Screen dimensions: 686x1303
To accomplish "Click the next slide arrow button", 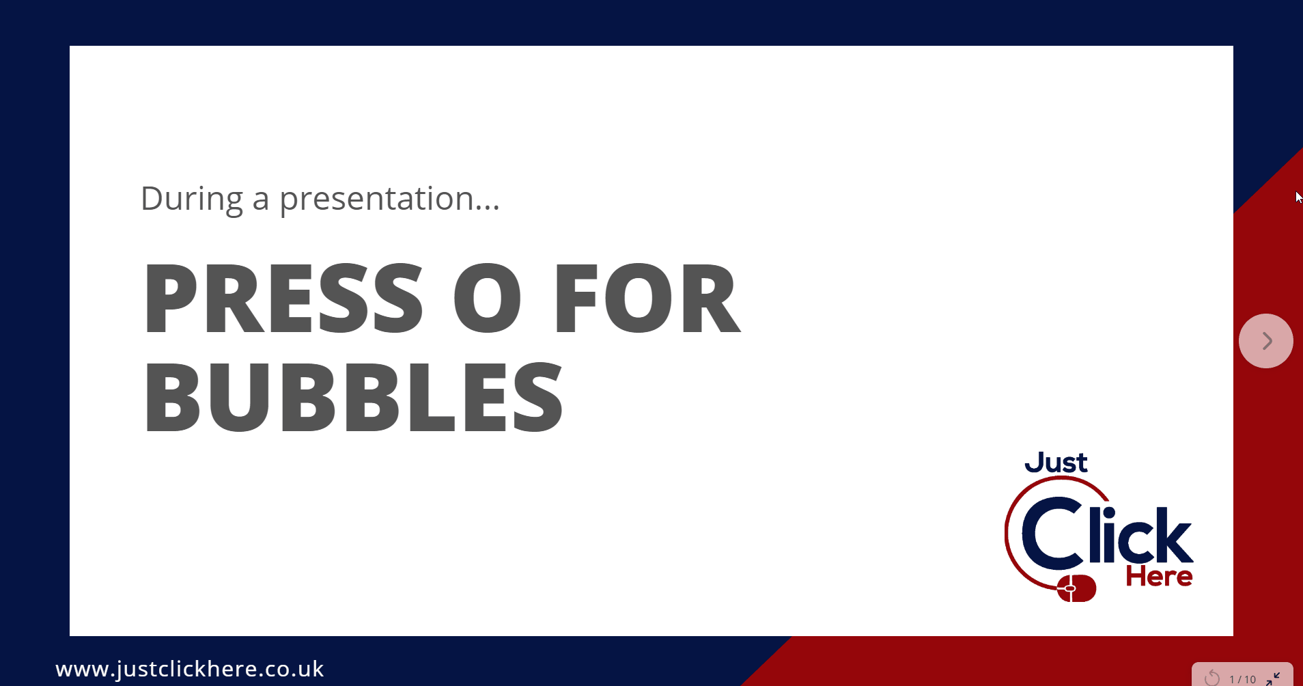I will click(x=1265, y=341).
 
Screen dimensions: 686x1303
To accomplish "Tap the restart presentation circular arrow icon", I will click(x=1212, y=678).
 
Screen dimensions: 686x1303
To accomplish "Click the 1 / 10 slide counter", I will click(x=1242, y=679).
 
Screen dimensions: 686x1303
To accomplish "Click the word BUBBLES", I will click(x=352, y=398).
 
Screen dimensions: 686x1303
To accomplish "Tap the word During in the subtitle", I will click(x=191, y=199).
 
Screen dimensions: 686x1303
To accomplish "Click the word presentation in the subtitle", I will click(x=376, y=199).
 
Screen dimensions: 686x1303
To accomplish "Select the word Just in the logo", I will click(x=1056, y=463).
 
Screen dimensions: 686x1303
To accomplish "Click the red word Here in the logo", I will click(x=1159, y=577).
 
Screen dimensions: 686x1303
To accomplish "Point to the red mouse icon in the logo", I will click(x=1077, y=588).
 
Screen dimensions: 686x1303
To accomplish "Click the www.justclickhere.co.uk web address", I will click(x=190, y=669).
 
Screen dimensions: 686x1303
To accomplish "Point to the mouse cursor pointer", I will click(x=1298, y=197).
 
